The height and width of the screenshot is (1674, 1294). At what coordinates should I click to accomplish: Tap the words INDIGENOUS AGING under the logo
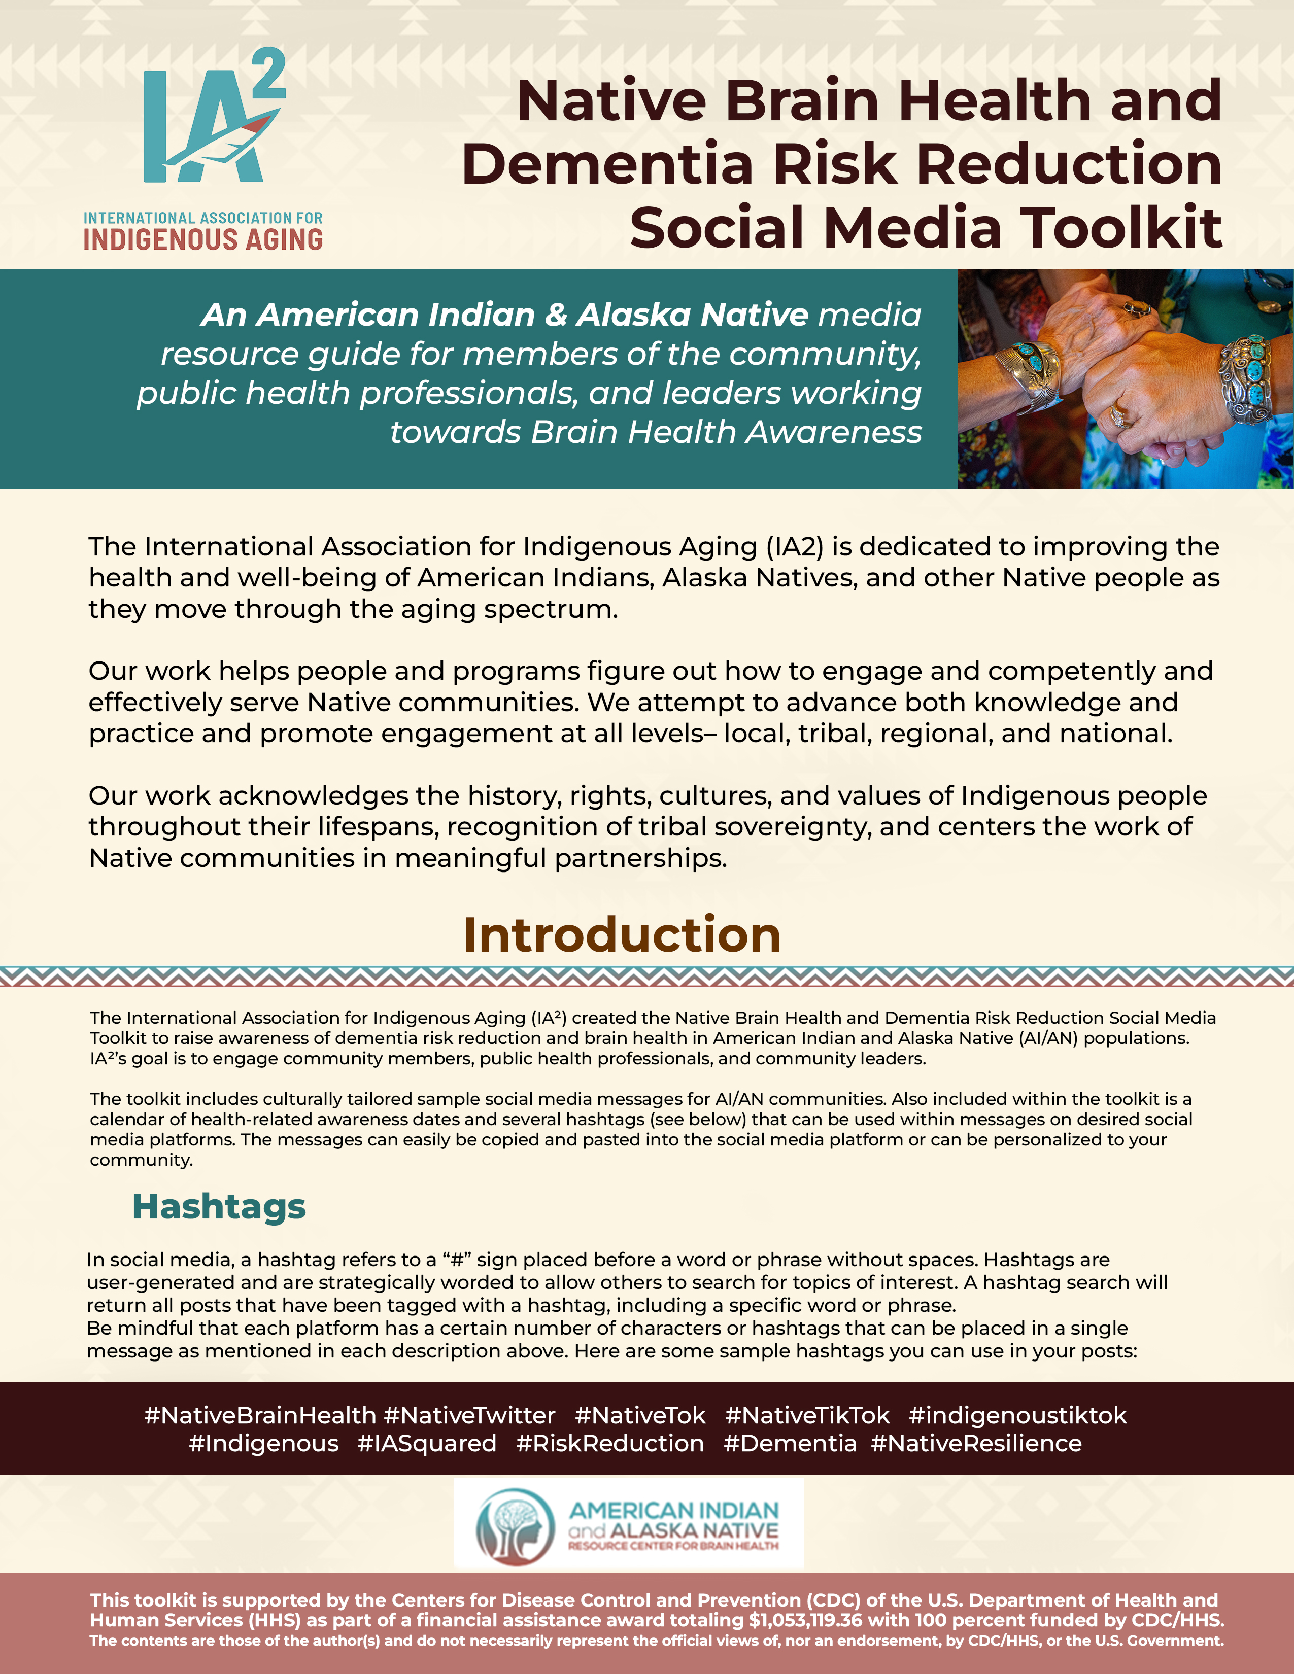(x=203, y=240)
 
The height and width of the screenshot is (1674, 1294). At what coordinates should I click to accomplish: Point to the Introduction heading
(x=622, y=935)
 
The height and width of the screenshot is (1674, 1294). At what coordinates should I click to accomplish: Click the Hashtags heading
(x=219, y=1206)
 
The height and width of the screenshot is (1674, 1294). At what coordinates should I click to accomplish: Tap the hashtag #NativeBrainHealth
(x=260, y=1415)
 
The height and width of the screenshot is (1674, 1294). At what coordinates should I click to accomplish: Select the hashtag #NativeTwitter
(x=469, y=1415)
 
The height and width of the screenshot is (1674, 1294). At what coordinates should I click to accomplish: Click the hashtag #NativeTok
(x=640, y=1415)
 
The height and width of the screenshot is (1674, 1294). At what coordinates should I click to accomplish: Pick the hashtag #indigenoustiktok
(x=1017, y=1415)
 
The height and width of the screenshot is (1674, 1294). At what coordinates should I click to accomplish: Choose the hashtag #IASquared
(x=426, y=1443)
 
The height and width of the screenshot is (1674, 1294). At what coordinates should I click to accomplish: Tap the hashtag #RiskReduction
(x=610, y=1443)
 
